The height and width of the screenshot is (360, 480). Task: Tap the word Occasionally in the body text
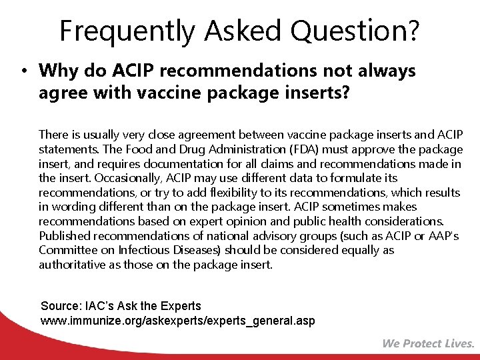click(x=126, y=178)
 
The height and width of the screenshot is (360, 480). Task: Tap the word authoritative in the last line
click(x=73, y=265)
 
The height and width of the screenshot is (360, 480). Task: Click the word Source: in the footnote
click(x=61, y=306)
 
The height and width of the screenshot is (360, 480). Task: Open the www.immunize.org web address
click(x=178, y=321)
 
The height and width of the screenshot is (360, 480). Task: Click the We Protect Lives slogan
click(x=428, y=344)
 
